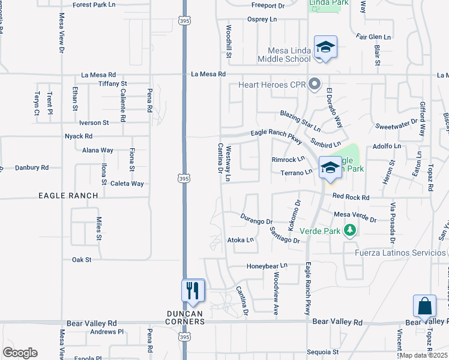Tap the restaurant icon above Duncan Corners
[193, 291]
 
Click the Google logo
[20, 353]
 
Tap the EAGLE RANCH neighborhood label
[68, 196]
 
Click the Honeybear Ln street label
[267, 265]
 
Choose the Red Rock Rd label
[351, 197]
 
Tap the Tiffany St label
[113, 83]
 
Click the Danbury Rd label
[32, 168]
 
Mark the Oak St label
[81, 260]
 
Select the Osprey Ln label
[262, 19]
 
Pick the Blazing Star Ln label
[300, 121]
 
